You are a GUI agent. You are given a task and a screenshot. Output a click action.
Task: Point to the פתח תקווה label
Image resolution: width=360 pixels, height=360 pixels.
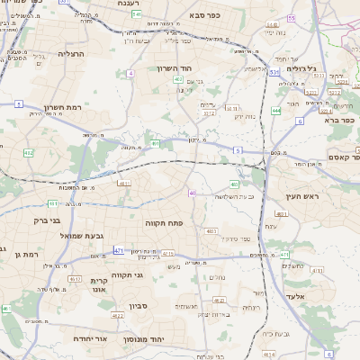point(164,221)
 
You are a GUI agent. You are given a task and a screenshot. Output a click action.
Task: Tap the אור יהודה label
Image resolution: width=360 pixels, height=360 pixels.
point(93,339)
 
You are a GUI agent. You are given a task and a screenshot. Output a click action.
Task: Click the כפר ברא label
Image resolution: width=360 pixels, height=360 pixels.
point(342,119)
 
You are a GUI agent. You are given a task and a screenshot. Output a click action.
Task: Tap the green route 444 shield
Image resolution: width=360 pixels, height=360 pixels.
point(275,110)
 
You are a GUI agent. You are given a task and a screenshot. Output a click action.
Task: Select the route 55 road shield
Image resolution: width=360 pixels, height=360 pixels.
point(291,18)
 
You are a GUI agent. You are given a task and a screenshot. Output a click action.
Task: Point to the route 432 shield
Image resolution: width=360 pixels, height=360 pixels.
point(28,153)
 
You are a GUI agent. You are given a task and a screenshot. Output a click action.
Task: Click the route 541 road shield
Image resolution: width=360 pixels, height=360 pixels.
point(136,14)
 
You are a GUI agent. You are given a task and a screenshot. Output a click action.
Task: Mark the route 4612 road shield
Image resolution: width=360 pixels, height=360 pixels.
point(118,316)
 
